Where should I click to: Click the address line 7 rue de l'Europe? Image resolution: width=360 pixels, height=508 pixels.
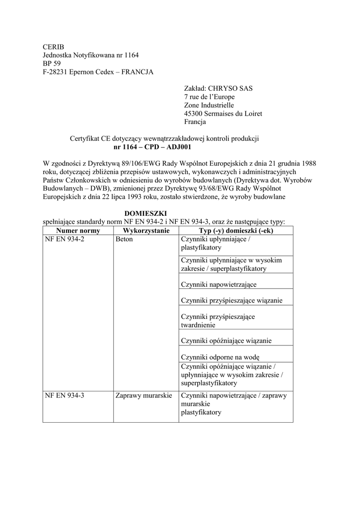(x=210, y=97)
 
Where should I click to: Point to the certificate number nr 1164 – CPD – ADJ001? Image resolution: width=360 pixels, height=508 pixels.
(x=152, y=147)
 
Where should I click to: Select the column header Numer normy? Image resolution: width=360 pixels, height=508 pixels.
(x=78, y=231)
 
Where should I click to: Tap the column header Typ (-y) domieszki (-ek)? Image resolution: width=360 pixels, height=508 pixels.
(x=236, y=231)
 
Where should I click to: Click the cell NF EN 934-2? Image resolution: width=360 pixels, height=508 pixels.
(x=65, y=239)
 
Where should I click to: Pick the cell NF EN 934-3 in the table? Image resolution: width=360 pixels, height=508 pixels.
(x=65, y=396)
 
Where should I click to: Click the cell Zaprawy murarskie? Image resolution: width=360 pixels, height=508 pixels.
(x=144, y=396)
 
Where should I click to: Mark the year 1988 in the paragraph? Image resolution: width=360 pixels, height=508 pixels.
(x=307, y=163)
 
